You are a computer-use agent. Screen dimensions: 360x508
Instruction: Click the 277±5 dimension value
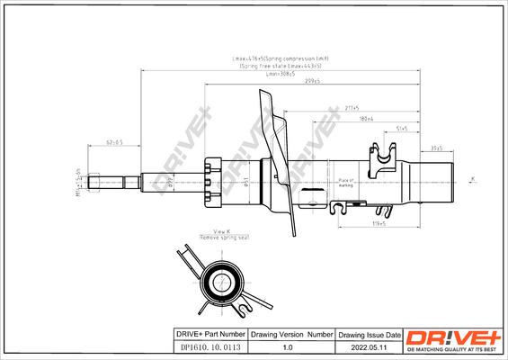(352, 107)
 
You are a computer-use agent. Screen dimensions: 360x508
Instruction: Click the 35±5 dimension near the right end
(437, 147)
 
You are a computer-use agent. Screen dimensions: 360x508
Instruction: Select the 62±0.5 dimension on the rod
(114, 142)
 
